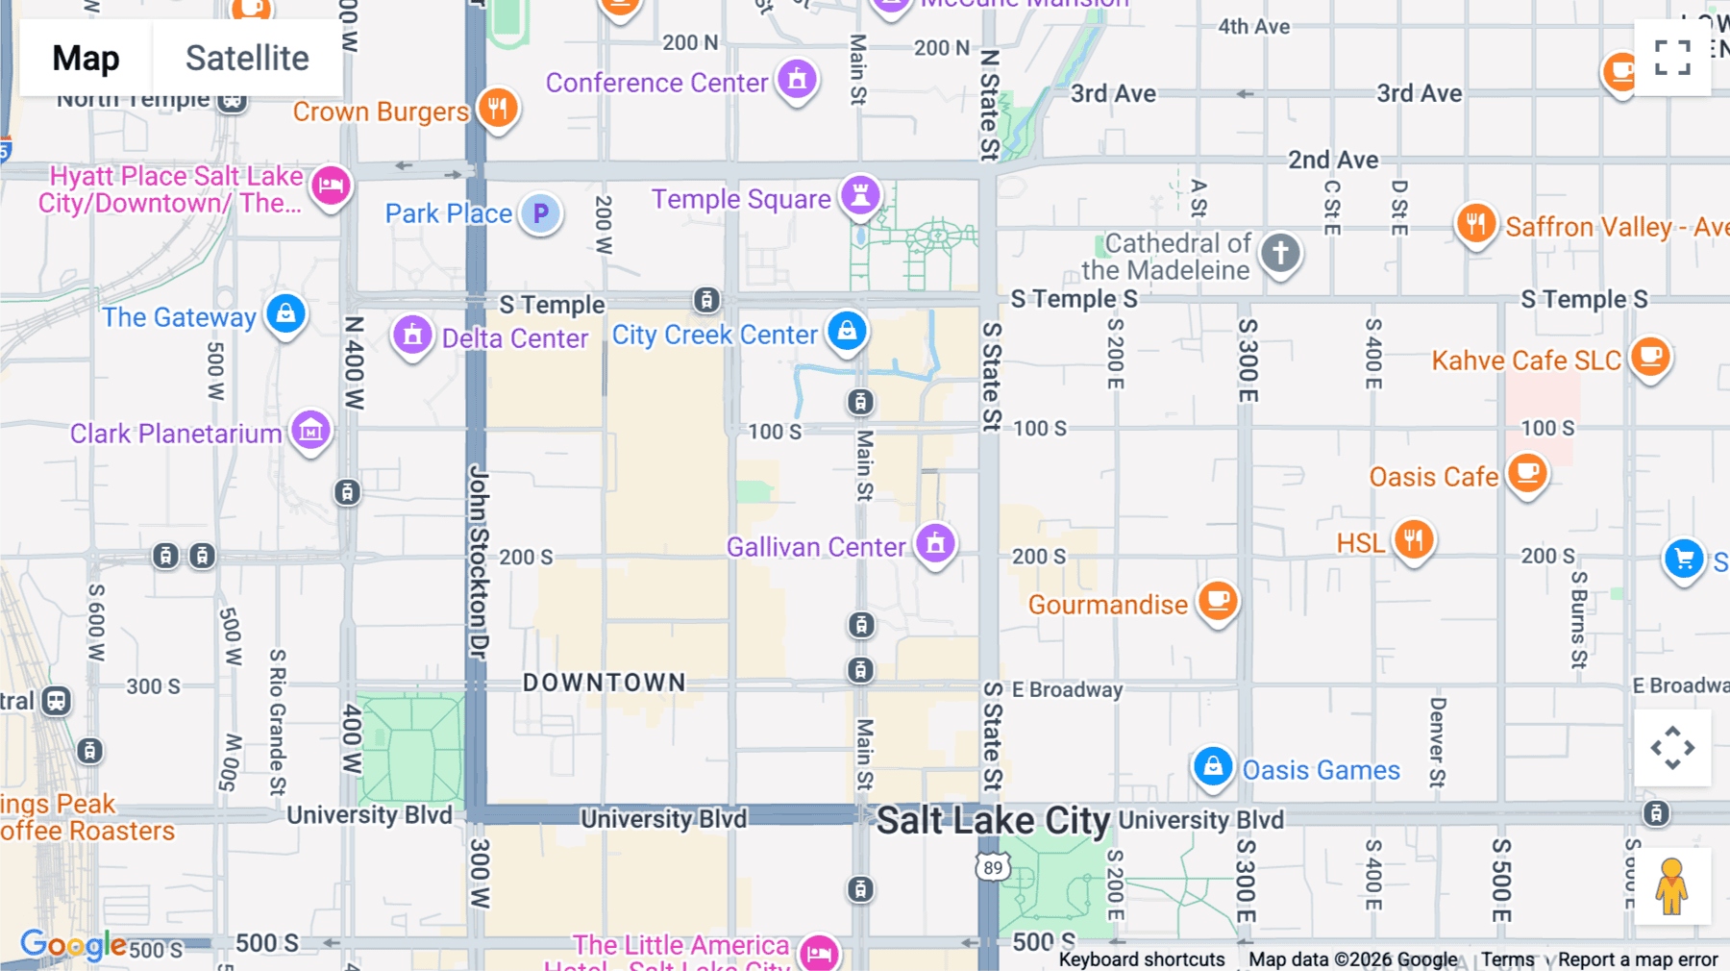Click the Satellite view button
(247, 58)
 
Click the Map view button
(86, 58)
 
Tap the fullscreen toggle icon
(1672, 58)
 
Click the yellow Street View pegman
(1671, 885)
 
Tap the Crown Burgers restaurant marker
(498, 108)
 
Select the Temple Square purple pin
(860, 195)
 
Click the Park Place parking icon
(541, 212)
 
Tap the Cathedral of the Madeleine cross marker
(1280, 254)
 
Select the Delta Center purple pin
(412, 336)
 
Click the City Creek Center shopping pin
(847, 331)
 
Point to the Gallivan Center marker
(935, 543)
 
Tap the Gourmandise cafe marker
(1218, 601)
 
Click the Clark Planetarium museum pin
(310, 431)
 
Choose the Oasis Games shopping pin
(1213, 767)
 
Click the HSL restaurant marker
(1413, 539)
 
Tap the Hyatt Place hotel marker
(331, 185)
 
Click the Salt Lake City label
(993, 821)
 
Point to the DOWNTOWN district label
(605, 683)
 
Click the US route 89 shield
(993, 867)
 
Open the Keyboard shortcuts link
(1141, 959)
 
